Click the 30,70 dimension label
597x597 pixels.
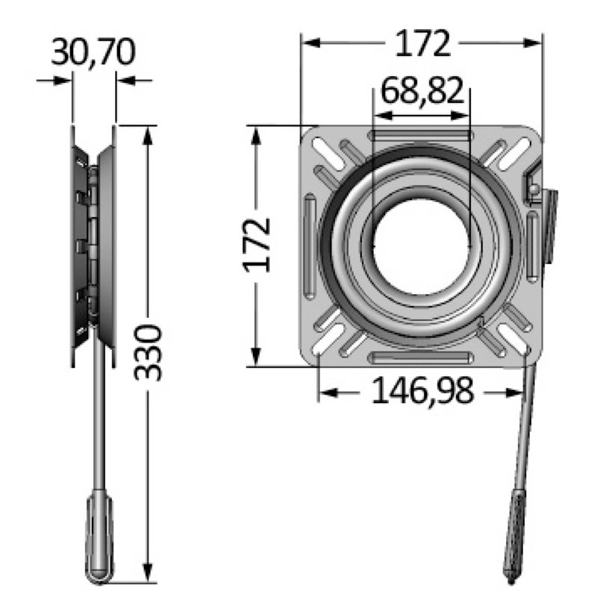point(93,52)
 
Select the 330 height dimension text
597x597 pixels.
point(148,352)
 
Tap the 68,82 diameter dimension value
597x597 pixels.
point(422,91)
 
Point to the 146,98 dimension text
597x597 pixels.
point(422,390)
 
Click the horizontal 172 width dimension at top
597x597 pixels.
point(422,43)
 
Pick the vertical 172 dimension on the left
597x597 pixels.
point(257,246)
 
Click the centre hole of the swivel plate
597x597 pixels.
point(421,246)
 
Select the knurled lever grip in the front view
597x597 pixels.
point(514,537)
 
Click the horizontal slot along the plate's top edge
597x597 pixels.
point(421,135)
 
